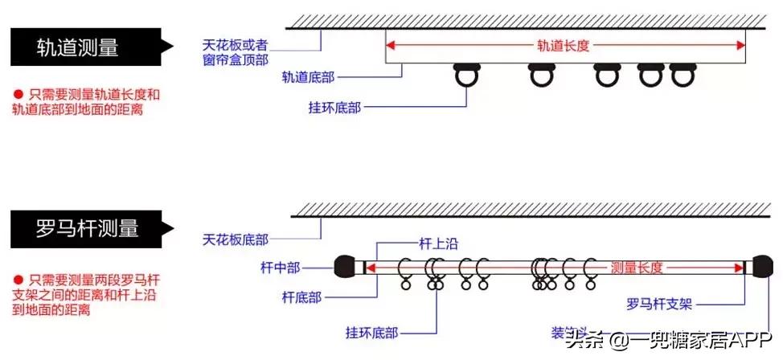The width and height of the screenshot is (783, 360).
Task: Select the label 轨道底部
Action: (x=308, y=77)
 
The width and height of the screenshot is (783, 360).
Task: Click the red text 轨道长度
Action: (x=565, y=46)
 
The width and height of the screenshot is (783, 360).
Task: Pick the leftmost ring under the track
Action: (x=468, y=77)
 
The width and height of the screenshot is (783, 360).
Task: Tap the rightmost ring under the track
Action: (x=681, y=76)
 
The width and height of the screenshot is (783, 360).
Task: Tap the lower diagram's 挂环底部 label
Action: (x=371, y=331)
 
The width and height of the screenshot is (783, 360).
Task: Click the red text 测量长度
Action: (x=637, y=267)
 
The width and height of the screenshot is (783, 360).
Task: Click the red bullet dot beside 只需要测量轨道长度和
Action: (x=18, y=94)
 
